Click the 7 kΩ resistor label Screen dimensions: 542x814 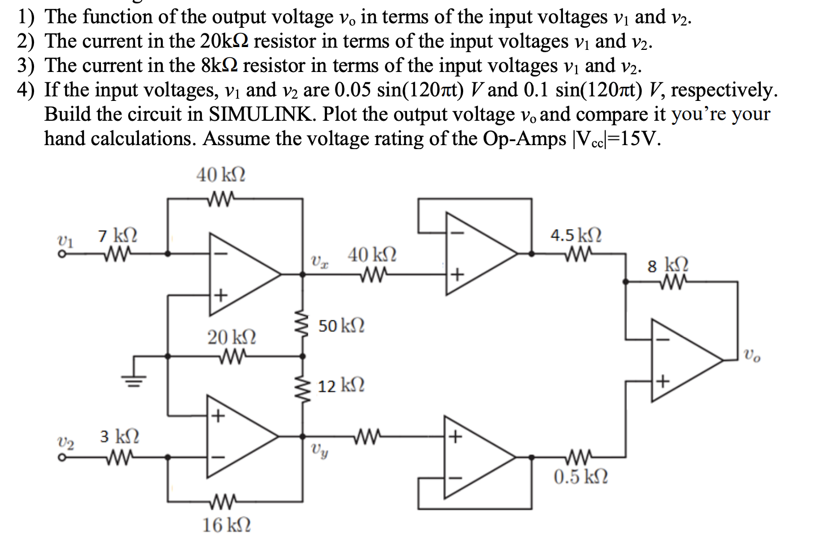117,235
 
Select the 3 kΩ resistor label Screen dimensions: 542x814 120,437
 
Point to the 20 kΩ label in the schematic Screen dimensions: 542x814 231,337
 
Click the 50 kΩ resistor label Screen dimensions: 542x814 341,326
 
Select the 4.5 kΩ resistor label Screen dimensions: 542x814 576,235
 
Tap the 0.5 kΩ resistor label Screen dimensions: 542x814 580,477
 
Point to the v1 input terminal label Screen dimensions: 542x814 66,239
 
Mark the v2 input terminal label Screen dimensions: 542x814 66,442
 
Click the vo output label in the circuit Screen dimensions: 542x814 752,357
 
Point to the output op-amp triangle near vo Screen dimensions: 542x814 683,360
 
